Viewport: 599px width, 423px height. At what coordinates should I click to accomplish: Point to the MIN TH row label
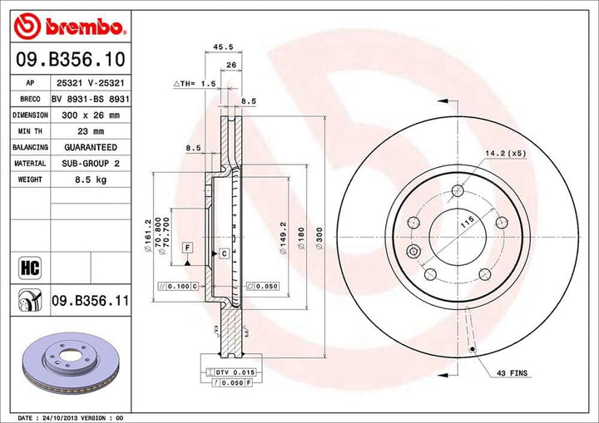click(29, 131)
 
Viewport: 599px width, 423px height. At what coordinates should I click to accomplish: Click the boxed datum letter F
click(188, 248)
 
